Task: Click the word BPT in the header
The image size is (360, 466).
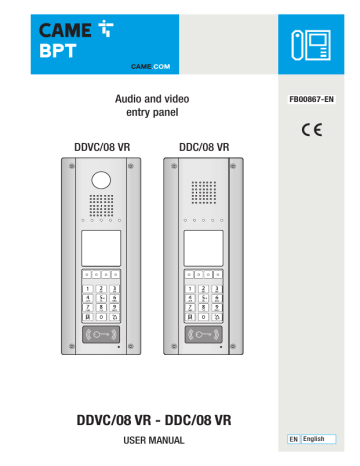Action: [x=67, y=44]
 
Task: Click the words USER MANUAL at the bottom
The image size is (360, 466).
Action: [x=152, y=441]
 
